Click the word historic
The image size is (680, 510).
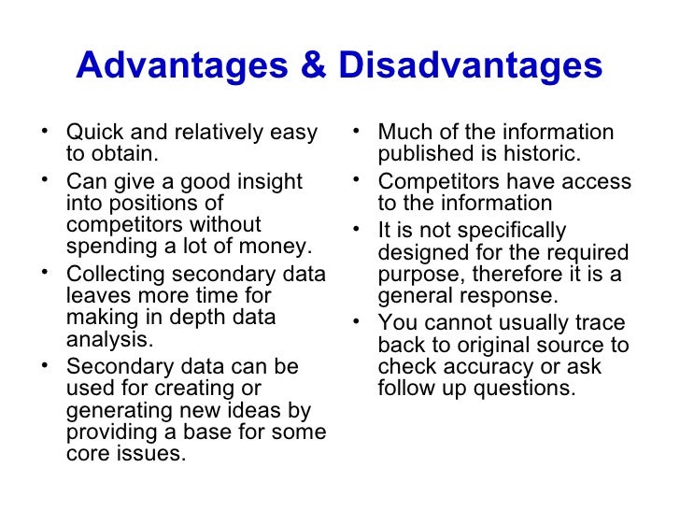click(546, 154)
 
